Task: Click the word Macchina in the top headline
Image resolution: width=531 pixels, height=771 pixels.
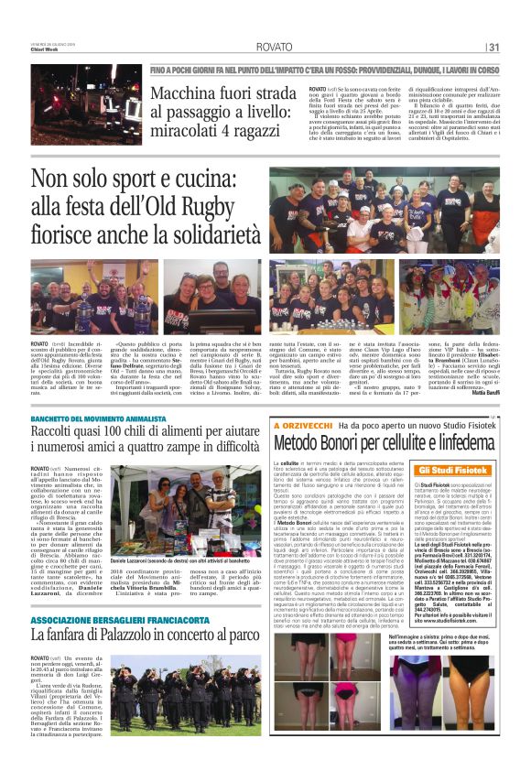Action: pos(188,92)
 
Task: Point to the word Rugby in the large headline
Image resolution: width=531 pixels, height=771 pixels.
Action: pos(215,205)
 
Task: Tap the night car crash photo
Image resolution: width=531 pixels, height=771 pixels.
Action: pos(86,104)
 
